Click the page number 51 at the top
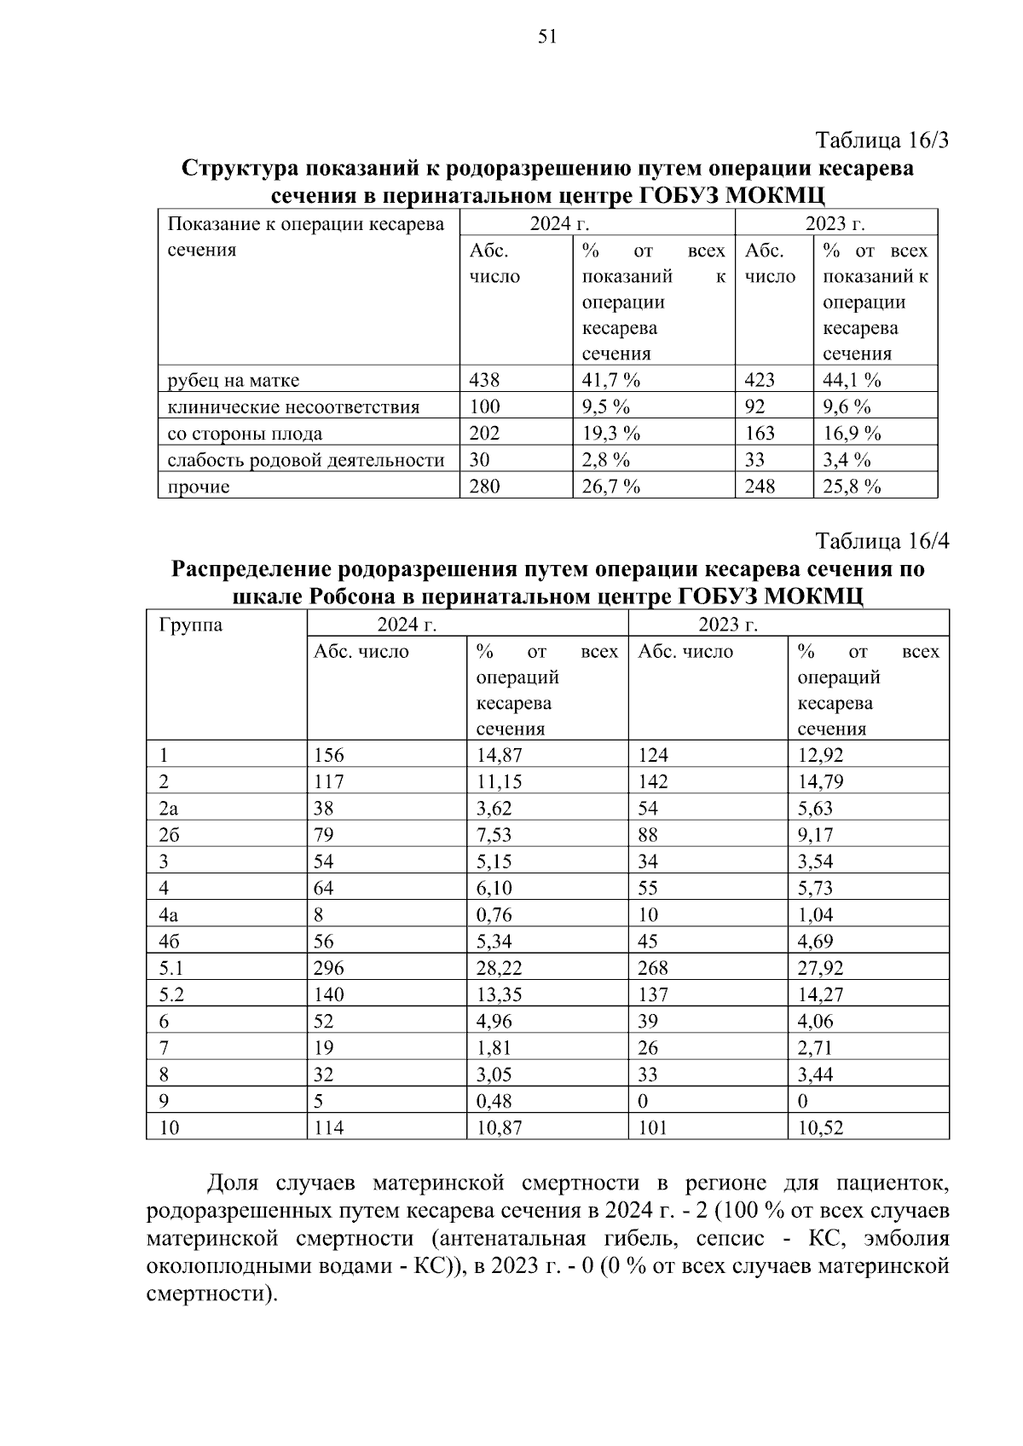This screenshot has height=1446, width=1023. point(547,36)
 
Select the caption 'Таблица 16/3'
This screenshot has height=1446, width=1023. point(881,140)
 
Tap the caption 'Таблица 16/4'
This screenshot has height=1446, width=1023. point(881,541)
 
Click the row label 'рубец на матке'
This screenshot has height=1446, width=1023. point(233,380)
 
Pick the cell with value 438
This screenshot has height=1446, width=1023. point(485,380)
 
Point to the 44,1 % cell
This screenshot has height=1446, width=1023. point(852,380)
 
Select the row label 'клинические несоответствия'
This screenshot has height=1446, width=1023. point(293,406)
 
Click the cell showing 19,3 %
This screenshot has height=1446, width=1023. point(611,433)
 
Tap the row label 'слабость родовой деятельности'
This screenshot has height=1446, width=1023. point(306,460)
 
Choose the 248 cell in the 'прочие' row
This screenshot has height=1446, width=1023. point(760,487)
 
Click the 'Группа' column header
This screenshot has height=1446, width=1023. point(190,625)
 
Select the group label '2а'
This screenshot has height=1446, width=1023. point(169,808)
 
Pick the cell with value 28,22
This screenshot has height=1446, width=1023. point(500,968)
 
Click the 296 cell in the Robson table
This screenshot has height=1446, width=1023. point(329,968)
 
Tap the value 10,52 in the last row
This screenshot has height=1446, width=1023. point(820,1128)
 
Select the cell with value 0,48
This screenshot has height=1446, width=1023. point(494,1101)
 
